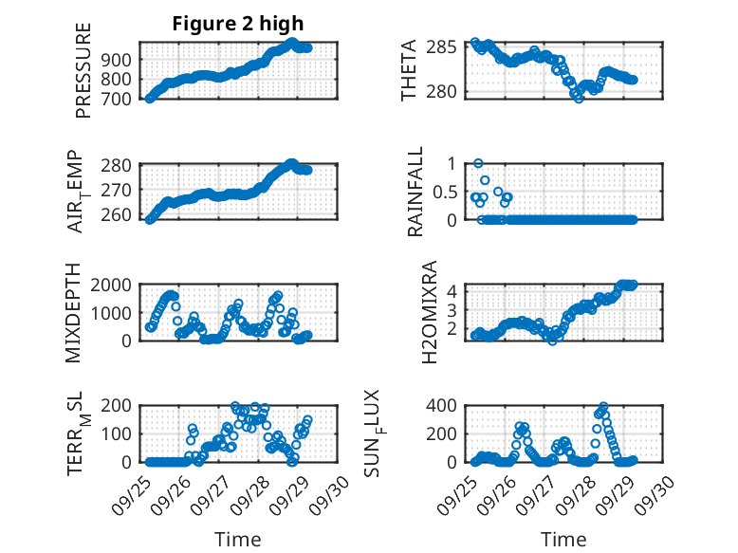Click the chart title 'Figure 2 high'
coord(238,24)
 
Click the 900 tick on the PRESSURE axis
coord(120,60)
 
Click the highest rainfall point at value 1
coord(479,163)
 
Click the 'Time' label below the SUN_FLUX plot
coord(563,539)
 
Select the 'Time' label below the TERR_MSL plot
coord(237,539)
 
